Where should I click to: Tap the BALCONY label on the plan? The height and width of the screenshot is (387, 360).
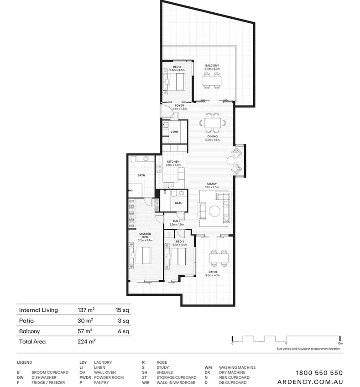pos(212,66)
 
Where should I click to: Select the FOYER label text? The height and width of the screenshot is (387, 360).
pos(179,106)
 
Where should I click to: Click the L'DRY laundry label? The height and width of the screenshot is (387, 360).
pos(174,132)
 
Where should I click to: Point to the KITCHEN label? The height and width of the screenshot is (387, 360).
pos(173,162)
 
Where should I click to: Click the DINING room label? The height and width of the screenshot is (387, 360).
pos(212,136)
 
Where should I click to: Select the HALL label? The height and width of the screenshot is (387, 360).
pos(176,222)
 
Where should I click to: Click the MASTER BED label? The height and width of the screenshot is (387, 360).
pos(146,236)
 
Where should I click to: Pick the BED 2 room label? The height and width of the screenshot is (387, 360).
pos(179,242)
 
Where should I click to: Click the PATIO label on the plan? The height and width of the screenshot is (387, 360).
pos(213,273)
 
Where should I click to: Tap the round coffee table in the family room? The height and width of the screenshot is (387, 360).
pos(214,211)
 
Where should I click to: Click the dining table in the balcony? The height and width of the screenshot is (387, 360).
pos(212,81)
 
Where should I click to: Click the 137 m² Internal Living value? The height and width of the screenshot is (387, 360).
pos(85,310)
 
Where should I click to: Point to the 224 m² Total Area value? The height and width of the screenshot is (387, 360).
pos(86,341)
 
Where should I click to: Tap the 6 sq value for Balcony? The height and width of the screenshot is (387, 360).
pos(123,331)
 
